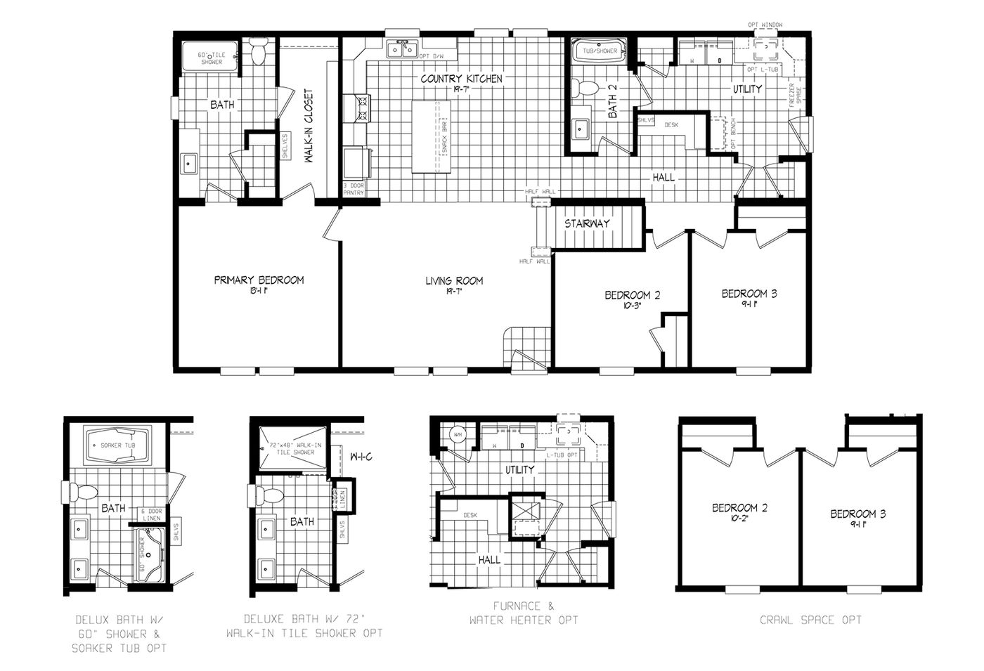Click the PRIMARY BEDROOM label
point(259,280)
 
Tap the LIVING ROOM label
point(454,281)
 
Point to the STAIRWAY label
point(587,223)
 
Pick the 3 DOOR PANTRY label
point(354,188)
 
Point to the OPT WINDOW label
point(765,25)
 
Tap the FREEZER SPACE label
point(795,96)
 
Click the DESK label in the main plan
point(671,125)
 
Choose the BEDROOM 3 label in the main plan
point(749,294)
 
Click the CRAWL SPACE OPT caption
point(810,620)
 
